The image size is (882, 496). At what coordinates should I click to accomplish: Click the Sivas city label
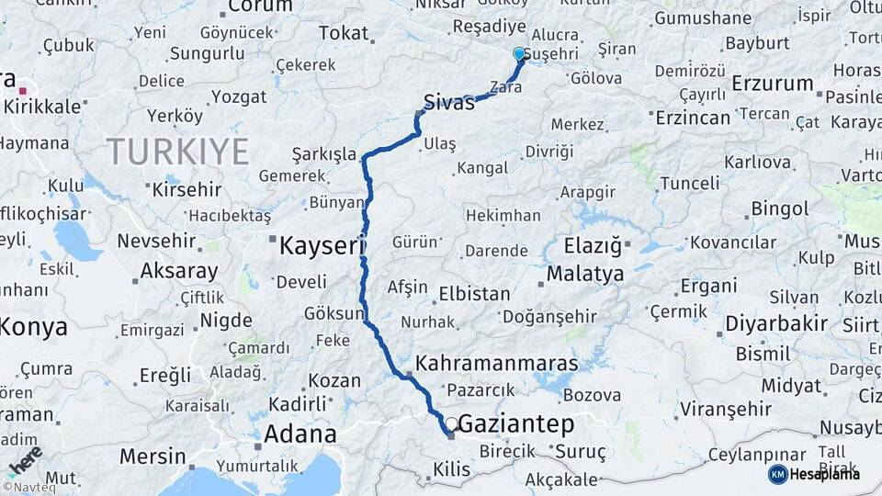(x=449, y=101)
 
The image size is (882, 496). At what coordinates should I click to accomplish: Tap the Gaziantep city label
(x=515, y=424)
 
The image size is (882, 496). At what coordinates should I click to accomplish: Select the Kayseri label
(x=322, y=245)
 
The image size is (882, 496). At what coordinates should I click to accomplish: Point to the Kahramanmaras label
(x=496, y=364)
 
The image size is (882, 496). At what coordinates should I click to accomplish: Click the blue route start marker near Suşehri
(x=520, y=54)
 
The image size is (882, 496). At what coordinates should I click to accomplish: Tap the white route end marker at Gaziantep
(x=451, y=424)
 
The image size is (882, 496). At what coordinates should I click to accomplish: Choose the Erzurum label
(x=773, y=84)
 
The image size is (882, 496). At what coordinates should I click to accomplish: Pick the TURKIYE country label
(x=177, y=152)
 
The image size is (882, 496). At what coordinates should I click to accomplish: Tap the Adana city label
(x=300, y=434)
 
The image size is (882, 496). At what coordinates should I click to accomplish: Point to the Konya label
(x=34, y=327)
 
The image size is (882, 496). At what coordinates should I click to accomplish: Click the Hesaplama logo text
(x=824, y=474)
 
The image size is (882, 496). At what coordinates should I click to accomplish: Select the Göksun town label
(x=334, y=314)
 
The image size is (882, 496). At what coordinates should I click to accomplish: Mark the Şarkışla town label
(x=323, y=154)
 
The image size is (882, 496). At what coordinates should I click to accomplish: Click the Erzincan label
(x=692, y=118)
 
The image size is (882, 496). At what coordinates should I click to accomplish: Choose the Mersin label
(x=153, y=457)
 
